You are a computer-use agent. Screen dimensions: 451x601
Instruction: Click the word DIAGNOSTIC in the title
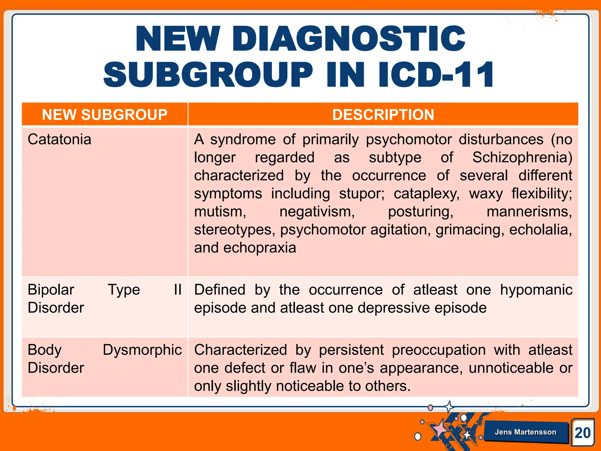tap(349, 39)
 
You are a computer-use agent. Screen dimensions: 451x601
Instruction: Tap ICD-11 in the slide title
tap(436, 75)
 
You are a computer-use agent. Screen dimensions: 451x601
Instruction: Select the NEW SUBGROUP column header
tap(104, 115)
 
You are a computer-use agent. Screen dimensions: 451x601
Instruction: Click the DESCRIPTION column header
tap(383, 115)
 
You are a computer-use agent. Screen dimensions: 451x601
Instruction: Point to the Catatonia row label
tap(59, 139)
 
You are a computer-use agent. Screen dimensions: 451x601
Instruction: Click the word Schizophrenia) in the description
tap(522, 157)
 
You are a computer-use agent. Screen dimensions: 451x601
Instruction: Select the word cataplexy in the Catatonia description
tap(426, 194)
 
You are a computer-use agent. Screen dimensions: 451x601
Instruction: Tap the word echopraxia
tap(260, 248)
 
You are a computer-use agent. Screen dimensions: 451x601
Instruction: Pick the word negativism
tap(317, 212)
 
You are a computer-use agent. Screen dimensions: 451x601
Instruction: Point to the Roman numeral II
tap(178, 290)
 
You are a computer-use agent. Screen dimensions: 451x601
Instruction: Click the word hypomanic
tap(536, 290)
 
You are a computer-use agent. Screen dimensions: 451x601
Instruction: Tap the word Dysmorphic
tap(142, 350)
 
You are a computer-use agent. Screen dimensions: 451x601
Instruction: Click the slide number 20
tap(583, 433)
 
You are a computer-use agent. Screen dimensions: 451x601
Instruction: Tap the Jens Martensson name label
tap(525, 432)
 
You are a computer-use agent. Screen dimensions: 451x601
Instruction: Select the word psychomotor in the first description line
tap(409, 139)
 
